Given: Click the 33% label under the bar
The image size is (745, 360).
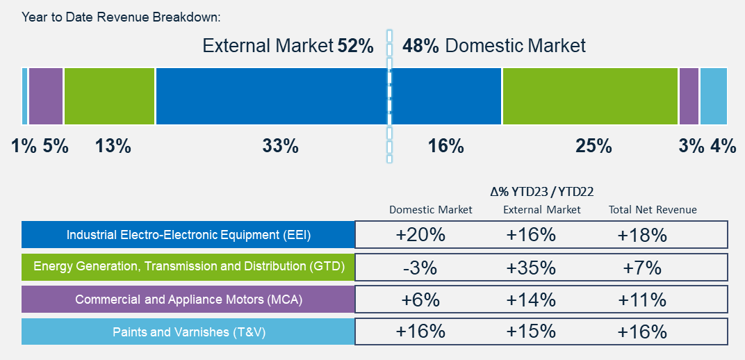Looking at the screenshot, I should click(x=280, y=146).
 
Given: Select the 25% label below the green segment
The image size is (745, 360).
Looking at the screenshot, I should click(x=593, y=146).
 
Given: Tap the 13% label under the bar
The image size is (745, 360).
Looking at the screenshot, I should click(x=113, y=146).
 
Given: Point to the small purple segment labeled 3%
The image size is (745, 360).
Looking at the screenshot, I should click(x=688, y=96).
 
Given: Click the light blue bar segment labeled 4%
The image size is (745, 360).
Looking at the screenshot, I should click(x=713, y=96).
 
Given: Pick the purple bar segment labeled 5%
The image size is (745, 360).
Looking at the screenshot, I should click(x=46, y=96).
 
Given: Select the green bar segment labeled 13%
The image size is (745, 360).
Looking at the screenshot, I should click(x=109, y=96).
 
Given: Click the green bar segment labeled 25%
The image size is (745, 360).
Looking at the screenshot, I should click(x=589, y=96).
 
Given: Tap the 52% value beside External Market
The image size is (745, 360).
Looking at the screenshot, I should click(x=356, y=47).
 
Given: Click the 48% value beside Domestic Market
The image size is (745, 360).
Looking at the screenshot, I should click(x=420, y=47).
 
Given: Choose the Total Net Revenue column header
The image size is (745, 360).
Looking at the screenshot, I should click(x=653, y=210).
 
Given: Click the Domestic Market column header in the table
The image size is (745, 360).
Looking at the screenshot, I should click(x=431, y=210).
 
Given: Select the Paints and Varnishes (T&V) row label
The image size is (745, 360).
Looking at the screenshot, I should click(x=188, y=332).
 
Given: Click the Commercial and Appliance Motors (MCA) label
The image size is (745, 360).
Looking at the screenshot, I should click(x=188, y=300).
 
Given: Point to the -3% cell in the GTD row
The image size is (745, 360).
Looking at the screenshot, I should click(x=420, y=268).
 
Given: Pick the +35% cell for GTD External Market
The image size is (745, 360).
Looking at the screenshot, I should click(x=531, y=268).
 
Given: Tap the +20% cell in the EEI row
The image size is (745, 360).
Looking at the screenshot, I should click(x=420, y=235).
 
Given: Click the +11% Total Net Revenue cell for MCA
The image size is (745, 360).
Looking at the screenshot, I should click(x=642, y=300).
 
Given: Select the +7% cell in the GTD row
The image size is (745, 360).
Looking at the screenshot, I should click(x=642, y=268).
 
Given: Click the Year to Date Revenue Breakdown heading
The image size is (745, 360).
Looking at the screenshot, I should click(x=121, y=17).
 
